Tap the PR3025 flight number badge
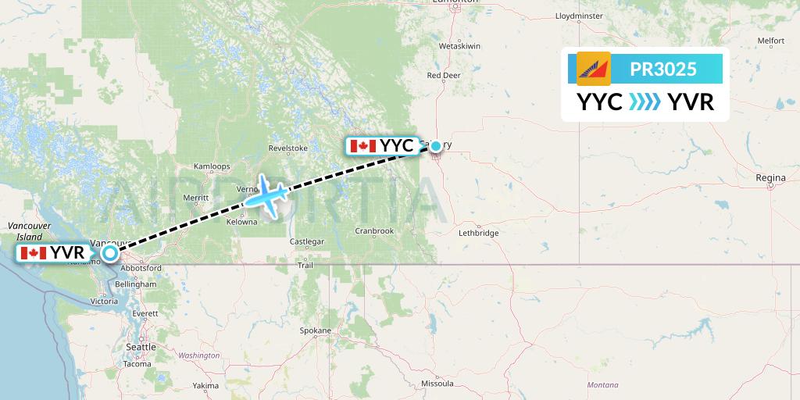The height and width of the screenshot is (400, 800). click(662, 69)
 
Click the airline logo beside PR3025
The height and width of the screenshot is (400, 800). click(593, 69)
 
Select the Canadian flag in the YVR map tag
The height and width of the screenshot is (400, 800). click(34, 252)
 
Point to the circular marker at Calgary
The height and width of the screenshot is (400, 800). click(436, 145)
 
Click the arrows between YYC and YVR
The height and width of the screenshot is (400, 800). click(645, 102)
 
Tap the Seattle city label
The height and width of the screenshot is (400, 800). click(141, 347)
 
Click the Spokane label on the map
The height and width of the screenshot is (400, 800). click(316, 330)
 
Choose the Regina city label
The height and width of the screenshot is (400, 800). click(770, 178)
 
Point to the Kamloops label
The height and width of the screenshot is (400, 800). click(212, 166)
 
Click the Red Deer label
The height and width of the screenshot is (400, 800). click(444, 75)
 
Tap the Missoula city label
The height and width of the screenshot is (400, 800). click(437, 384)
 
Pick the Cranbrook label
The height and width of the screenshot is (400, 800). click(373, 230)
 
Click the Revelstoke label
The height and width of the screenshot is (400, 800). click(288, 148)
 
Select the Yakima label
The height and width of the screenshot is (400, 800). click(206, 386)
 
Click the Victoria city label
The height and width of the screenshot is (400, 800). click(105, 301)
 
